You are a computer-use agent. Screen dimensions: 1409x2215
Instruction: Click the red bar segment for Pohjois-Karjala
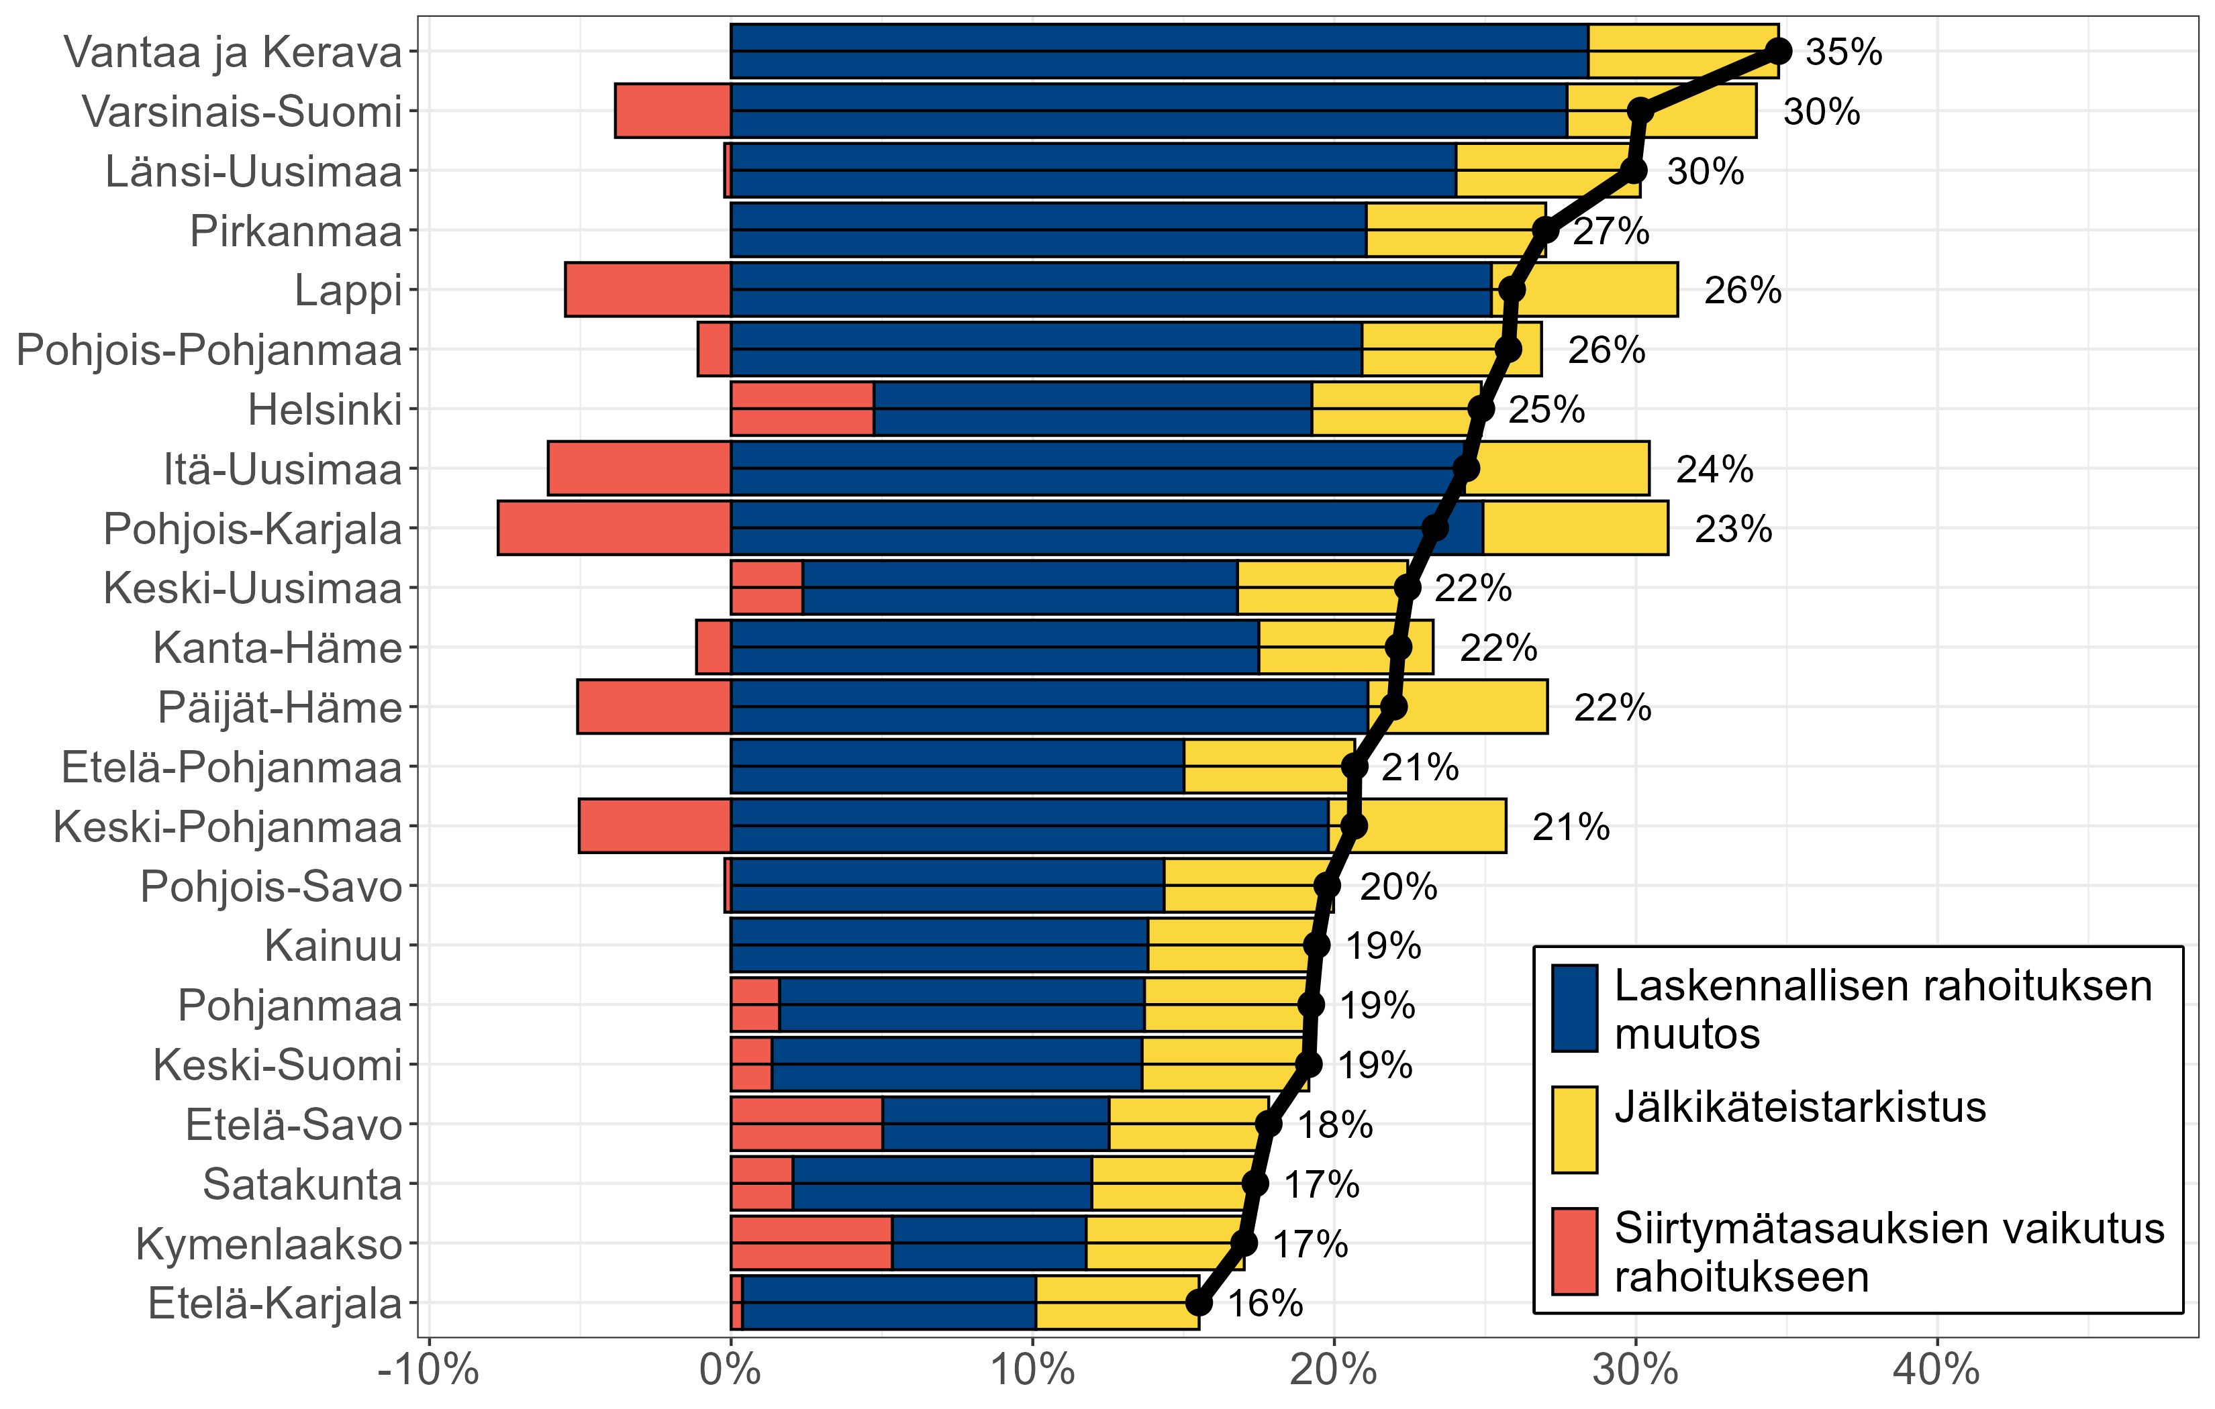tap(613, 528)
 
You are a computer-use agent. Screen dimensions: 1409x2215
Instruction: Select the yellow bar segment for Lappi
tap(1584, 290)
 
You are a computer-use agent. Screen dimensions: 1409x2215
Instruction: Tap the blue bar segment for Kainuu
tap(939, 945)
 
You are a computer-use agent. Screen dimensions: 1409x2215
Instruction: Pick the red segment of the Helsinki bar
tap(802, 409)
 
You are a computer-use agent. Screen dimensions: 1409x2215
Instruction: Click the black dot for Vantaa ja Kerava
tap(1778, 52)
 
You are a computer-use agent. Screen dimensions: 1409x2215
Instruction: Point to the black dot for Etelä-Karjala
tap(1199, 1302)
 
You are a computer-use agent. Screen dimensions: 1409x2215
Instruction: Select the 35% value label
tap(1843, 52)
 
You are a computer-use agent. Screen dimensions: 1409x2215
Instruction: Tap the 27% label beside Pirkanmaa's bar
tap(1611, 231)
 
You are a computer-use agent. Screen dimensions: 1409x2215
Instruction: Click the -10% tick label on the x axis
tap(429, 1370)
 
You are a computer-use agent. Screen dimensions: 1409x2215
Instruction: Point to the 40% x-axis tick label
tap(1936, 1370)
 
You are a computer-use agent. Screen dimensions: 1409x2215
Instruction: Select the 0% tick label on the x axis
tap(730, 1370)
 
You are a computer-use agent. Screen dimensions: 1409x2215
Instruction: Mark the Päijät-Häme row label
tap(281, 708)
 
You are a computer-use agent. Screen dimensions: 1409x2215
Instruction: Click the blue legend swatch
tap(1574, 1008)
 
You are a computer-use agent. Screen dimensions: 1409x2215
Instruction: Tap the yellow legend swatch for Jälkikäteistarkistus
tap(1574, 1129)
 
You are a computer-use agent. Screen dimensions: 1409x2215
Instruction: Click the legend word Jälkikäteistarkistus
tap(1800, 1107)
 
